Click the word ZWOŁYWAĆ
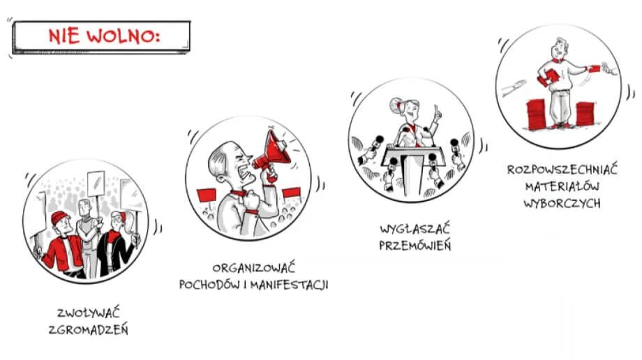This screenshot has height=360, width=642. [89, 313]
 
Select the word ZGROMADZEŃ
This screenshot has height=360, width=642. [89, 330]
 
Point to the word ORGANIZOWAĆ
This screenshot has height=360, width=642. [253, 269]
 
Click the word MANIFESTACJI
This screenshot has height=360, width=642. [290, 285]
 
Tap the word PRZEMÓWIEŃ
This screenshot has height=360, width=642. [415, 246]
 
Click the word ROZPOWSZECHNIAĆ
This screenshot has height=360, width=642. [562, 170]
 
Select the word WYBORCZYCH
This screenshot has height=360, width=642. [562, 203]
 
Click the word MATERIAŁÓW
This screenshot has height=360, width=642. [562, 186]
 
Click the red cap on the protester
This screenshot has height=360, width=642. [60, 218]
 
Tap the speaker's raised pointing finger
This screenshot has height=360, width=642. [437, 109]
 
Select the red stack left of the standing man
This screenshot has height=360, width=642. [537, 114]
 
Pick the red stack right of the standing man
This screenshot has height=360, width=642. [585, 114]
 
